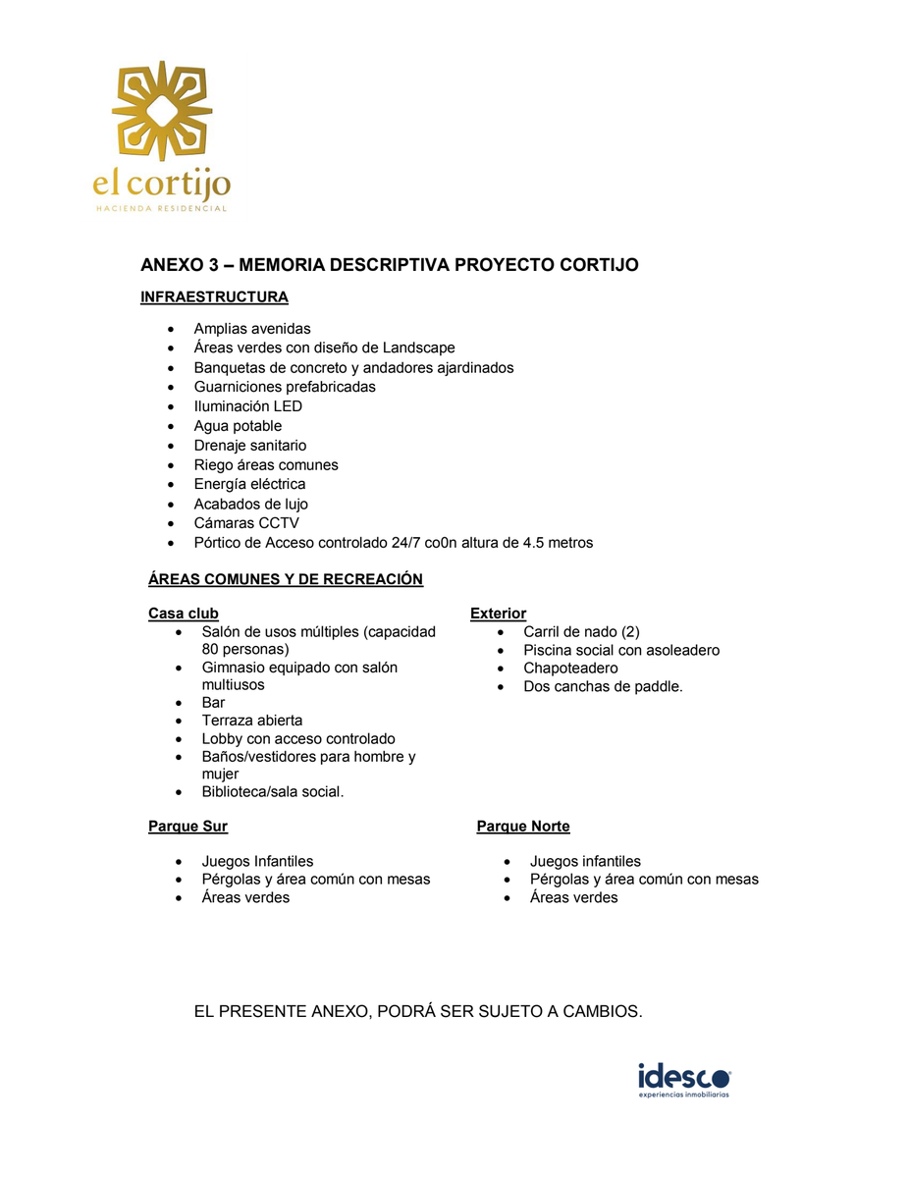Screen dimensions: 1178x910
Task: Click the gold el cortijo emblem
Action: tap(162, 110)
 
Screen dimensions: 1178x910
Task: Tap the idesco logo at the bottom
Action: tap(684, 1078)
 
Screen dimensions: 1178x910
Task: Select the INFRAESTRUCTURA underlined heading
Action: tap(214, 297)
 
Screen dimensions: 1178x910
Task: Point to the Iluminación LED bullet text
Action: tap(247, 406)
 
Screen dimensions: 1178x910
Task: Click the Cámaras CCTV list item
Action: tap(246, 523)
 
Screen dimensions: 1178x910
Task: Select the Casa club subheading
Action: tap(184, 614)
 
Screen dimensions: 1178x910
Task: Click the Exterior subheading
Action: tap(498, 614)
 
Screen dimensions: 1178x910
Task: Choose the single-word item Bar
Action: tap(213, 703)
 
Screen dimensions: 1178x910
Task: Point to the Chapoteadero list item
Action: tap(570, 669)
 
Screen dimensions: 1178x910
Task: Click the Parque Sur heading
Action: tap(187, 827)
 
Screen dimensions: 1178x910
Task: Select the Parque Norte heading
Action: tap(523, 827)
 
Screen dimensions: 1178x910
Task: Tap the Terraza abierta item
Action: tap(252, 721)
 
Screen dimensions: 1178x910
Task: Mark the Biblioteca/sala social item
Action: tap(273, 792)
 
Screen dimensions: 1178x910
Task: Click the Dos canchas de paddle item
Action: tap(603, 687)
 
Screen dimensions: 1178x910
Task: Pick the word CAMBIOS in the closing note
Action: tap(601, 1012)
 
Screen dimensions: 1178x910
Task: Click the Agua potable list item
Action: tap(238, 426)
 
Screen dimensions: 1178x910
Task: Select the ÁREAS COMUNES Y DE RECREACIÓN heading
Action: tap(285, 579)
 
